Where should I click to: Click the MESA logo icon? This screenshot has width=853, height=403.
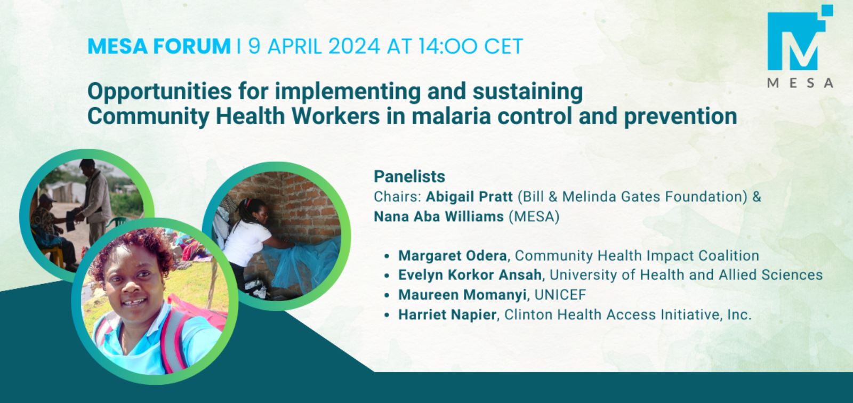799,42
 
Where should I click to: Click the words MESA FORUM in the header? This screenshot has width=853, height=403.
159,46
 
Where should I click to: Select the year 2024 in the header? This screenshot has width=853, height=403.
354,46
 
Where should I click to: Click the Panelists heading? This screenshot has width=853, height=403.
409,177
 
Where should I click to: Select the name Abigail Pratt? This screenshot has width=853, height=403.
469,197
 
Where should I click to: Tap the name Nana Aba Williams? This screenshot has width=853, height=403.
439,216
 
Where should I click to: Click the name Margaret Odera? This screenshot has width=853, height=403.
453,255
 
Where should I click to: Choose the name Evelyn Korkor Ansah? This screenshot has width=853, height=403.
470,275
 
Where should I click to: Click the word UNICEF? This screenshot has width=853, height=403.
560,295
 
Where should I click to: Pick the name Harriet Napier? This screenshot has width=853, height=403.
447,315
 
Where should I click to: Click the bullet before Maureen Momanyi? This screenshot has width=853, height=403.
387,295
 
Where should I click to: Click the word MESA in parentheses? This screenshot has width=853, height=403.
534,216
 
